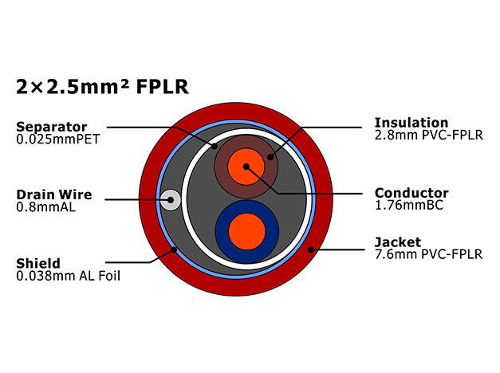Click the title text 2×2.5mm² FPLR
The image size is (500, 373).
[102, 87]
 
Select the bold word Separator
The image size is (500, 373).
[51, 128]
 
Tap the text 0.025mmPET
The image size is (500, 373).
[58, 139]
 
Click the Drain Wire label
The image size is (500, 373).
[54, 194]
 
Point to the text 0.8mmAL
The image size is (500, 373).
[46, 207]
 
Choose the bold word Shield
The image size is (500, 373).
[38, 263]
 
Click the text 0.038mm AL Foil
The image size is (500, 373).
[69, 276]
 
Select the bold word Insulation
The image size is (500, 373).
[411, 123]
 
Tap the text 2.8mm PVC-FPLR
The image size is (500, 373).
[428, 135]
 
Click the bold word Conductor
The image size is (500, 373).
[411, 193]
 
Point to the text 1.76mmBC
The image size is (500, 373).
[409, 205]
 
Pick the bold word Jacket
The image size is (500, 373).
[398, 242]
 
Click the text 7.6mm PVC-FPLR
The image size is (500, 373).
[428, 254]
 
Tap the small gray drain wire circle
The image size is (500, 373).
[171, 200]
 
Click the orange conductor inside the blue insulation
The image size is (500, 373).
[247, 232]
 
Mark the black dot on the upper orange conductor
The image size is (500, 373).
[246, 167]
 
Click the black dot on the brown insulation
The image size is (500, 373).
[270, 156]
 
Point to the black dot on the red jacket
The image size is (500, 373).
[311, 249]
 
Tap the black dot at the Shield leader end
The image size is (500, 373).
[174, 249]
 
